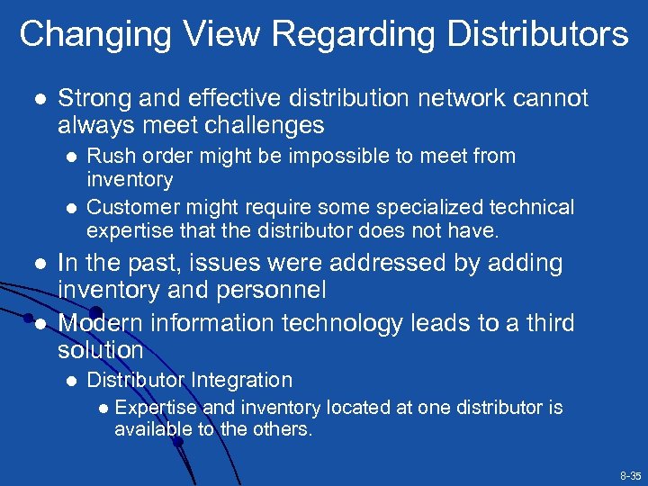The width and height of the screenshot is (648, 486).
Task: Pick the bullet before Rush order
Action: [x=69, y=157]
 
